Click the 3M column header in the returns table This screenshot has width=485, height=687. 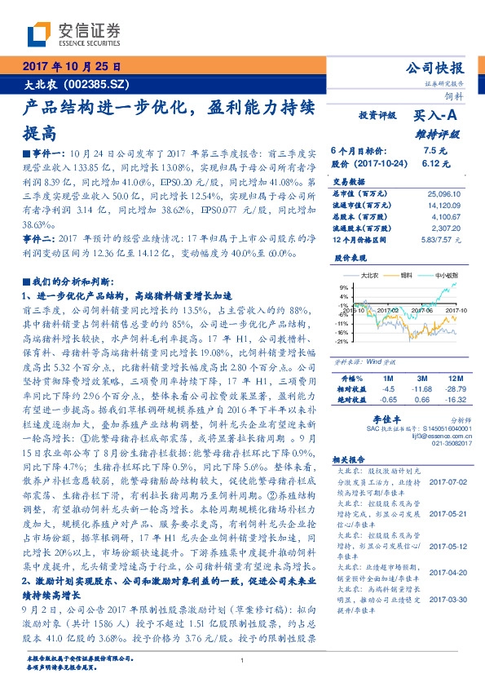point(422,379)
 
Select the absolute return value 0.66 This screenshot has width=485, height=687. point(422,400)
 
